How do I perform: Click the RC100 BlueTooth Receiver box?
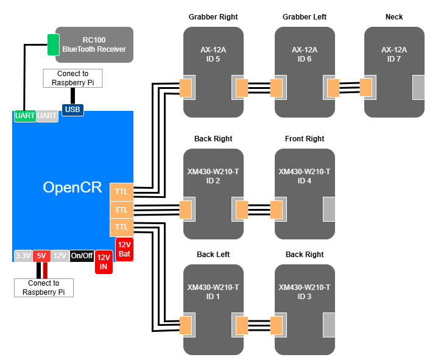tap(94, 44)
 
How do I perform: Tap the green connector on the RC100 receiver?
tap(54, 44)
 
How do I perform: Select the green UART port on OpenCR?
tap(24, 115)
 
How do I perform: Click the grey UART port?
tap(47, 115)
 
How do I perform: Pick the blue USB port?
tap(72, 110)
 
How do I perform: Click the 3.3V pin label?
tap(23, 256)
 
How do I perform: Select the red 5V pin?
tap(41, 256)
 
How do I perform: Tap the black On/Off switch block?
tap(82, 256)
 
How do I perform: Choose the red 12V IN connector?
tap(104, 262)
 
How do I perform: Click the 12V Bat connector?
tap(124, 249)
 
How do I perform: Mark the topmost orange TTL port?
tap(121, 192)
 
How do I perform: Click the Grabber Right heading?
tap(213, 17)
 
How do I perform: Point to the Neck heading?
tap(394, 17)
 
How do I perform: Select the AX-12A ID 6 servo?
tap(305, 71)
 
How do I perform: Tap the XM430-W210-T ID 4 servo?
tap(305, 194)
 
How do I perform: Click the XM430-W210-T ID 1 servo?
tap(213, 309)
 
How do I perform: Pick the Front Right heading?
tap(305, 139)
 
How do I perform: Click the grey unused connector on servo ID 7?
tap(418, 88)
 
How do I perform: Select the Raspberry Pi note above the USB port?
tap(72, 78)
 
